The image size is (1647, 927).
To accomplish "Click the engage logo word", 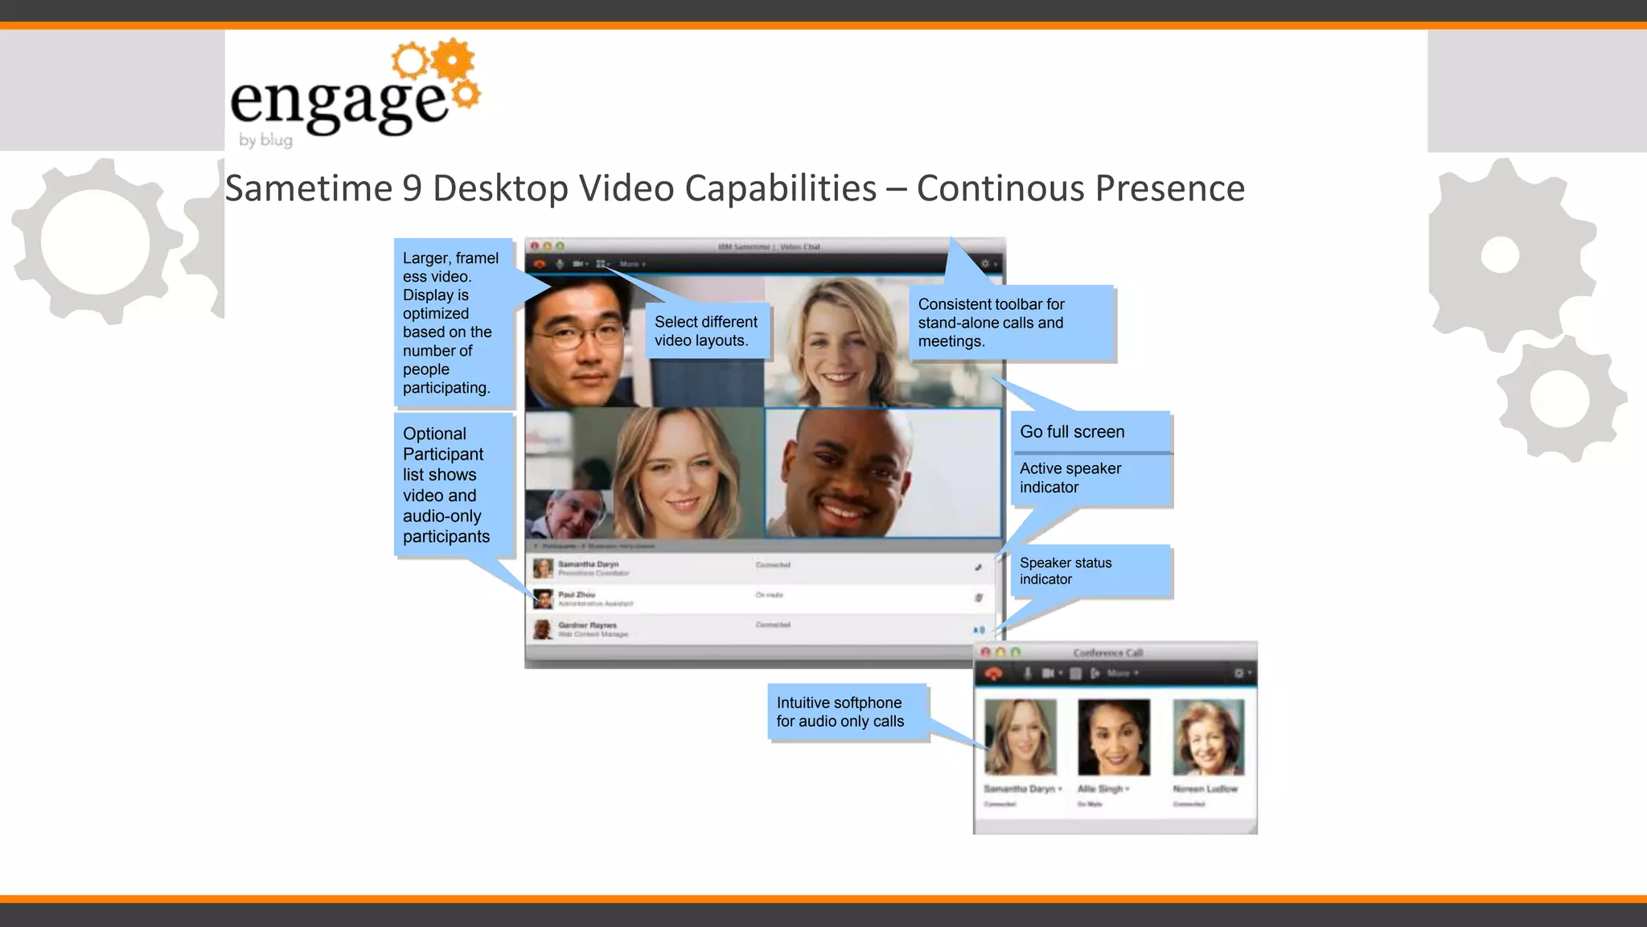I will [338, 103].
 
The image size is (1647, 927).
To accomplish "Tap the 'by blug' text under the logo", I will [265, 140].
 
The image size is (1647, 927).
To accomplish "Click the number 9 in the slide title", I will [412, 188].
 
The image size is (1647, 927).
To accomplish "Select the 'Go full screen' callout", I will [1072, 432].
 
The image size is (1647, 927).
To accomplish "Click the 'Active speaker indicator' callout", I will [1070, 478].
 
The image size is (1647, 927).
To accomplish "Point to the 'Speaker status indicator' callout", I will [1066, 571].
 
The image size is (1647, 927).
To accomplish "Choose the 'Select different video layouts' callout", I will [705, 331].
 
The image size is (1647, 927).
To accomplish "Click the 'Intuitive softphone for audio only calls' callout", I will [840, 712].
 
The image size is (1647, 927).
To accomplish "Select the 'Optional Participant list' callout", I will [446, 484].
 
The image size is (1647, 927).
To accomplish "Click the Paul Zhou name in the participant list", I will [577, 595].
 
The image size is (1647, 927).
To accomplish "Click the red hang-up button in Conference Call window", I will [994, 674].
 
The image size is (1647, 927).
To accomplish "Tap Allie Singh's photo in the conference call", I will [1114, 736].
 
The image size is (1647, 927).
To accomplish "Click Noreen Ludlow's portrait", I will [1208, 736].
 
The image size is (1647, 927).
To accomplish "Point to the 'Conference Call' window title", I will [1107, 653].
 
